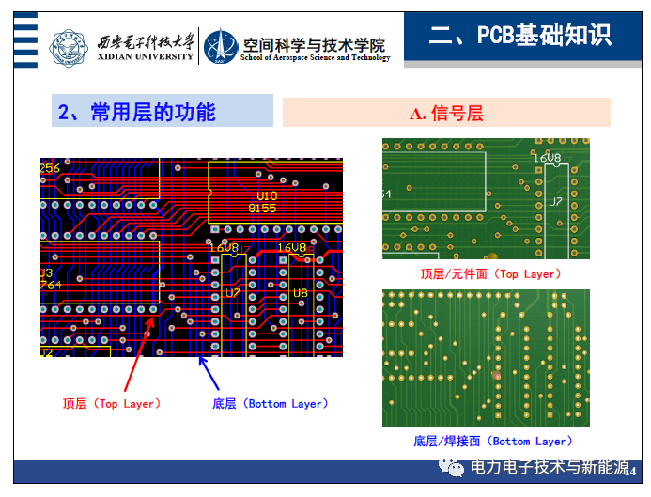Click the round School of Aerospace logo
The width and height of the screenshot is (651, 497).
pos(223,47)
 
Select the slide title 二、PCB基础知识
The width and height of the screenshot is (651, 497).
pos(519,36)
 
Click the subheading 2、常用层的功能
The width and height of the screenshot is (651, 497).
pos(137,113)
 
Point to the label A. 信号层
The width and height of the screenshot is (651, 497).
pos(446,114)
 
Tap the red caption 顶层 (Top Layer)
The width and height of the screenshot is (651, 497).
pos(111,404)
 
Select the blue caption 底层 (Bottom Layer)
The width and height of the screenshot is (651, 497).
pos(271,404)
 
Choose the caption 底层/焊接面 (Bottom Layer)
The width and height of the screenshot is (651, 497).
pos(492,442)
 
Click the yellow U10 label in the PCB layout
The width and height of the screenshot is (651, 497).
pos(267,194)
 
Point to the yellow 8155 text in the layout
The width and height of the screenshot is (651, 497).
pos(262,208)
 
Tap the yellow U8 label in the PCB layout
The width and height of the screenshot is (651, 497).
pos(300,293)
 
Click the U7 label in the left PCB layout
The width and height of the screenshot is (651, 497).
pos(233,293)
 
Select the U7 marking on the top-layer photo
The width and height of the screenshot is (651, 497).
pos(555,202)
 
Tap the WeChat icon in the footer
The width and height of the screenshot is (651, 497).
pos(456,468)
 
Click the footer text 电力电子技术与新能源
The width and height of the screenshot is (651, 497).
pos(550,468)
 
